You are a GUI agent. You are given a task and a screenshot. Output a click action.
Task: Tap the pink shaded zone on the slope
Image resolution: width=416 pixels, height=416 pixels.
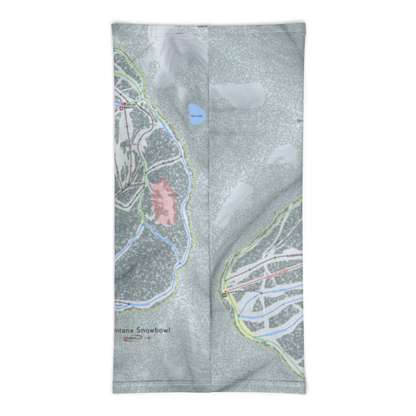point(165,202)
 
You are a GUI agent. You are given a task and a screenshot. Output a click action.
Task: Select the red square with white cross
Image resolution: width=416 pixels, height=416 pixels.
point(122,109)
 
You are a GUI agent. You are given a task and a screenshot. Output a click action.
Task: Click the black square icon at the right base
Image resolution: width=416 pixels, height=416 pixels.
point(225,294)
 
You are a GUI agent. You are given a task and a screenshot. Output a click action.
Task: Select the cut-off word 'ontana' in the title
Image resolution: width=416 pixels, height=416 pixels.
point(119,330)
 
